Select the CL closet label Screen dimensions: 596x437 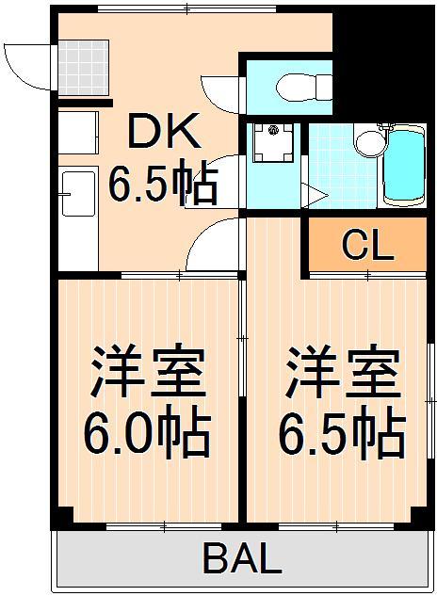pos(367,247)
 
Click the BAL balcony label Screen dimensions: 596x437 pos(241,560)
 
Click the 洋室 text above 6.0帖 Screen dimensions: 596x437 pos(147,373)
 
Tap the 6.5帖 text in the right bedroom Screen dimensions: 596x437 pos(341,432)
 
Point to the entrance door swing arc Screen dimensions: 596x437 pos(25,66)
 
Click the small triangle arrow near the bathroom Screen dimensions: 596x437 pos(315,197)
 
